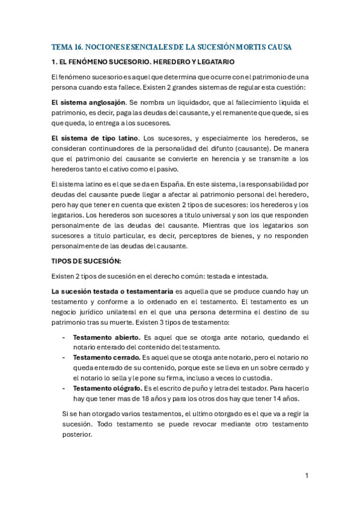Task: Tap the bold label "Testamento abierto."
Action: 106,337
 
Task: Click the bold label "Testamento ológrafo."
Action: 107,389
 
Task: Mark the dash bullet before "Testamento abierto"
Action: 64,337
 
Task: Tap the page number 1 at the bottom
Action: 307,476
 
